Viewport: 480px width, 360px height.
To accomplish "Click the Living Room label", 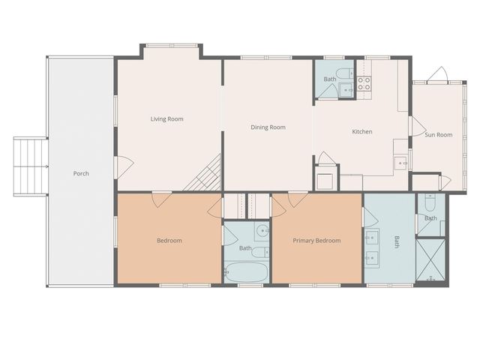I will [x=166, y=118].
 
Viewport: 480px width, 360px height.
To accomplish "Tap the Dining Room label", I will [x=268, y=127].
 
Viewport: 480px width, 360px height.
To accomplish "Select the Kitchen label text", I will [x=362, y=132].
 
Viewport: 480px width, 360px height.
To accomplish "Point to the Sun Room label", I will [x=439, y=135].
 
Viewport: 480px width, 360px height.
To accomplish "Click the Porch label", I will [x=81, y=173].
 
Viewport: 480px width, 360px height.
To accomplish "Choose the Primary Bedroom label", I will [x=316, y=241].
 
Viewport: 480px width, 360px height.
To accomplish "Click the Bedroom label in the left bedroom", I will [x=169, y=241].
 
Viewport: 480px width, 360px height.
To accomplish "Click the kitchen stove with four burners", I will [x=364, y=83].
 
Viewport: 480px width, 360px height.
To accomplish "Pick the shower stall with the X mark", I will [x=430, y=259].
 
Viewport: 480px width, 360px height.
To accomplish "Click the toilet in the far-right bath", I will [x=430, y=203].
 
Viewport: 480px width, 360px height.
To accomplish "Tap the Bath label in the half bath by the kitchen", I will [x=330, y=79].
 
